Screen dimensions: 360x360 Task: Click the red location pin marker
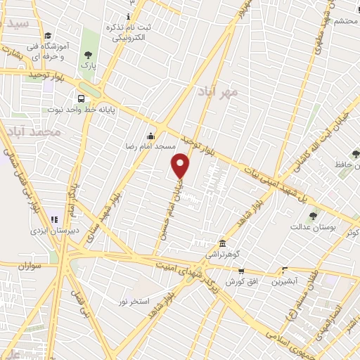click(181, 165)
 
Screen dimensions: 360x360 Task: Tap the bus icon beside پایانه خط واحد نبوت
click(82, 99)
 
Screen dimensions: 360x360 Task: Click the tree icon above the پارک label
click(88, 55)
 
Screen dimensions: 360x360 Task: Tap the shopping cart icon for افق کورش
click(241, 271)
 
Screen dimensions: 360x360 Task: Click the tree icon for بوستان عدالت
click(313, 216)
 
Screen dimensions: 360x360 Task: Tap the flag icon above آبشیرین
click(285, 269)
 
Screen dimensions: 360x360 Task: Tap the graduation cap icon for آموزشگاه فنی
click(47, 36)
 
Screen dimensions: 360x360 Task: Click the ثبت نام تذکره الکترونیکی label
click(128, 31)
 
